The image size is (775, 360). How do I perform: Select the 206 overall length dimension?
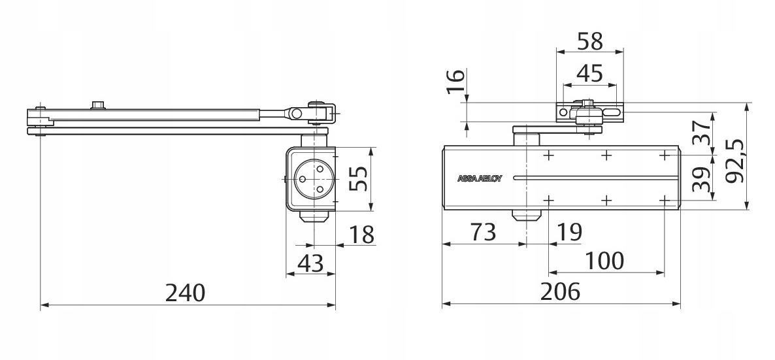(561, 292)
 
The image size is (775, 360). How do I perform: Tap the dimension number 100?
(604, 261)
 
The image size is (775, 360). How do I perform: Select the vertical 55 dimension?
(357, 178)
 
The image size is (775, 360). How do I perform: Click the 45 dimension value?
(589, 73)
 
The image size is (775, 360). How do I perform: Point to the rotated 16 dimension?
(457, 82)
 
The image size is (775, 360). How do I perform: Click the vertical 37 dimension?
(700, 134)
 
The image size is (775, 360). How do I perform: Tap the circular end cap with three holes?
(312, 178)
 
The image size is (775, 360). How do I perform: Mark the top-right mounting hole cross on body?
(665, 155)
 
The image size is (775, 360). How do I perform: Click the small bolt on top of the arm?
(98, 105)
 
